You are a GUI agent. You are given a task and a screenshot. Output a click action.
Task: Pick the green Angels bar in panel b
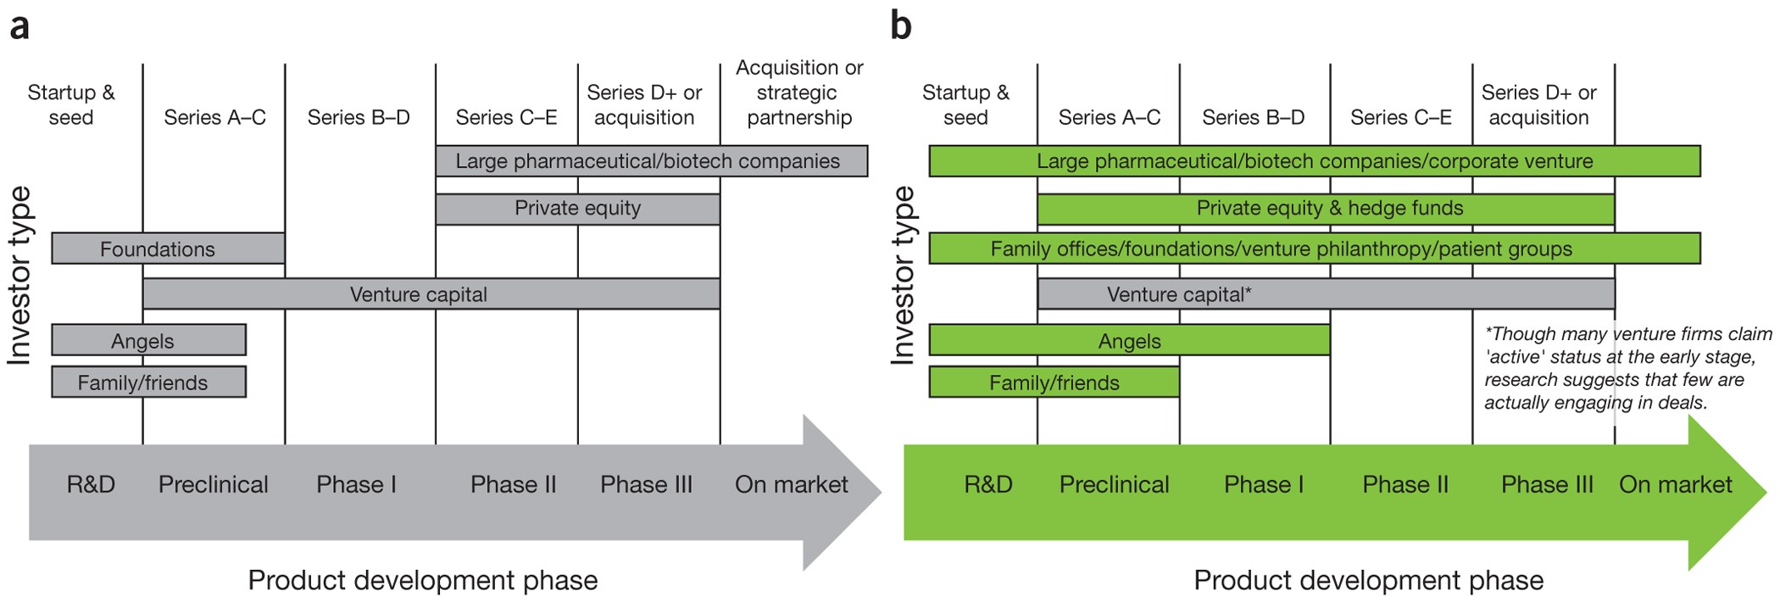point(1129,340)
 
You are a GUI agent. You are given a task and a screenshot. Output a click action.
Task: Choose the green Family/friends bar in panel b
point(1054,382)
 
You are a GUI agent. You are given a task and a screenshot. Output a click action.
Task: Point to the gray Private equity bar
point(577,209)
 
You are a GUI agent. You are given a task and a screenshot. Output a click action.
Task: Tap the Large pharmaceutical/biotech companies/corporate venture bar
point(1314,161)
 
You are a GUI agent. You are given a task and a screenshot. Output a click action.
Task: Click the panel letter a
point(19,27)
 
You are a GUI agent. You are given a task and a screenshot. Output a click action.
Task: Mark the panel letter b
point(900,27)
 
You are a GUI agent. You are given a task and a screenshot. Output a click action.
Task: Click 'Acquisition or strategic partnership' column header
point(798,92)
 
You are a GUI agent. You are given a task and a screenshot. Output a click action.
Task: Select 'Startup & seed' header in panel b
point(965,104)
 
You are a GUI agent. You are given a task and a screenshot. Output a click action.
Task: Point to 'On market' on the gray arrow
point(791,484)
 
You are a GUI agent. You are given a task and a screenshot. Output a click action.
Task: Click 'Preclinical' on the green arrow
point(1114,484)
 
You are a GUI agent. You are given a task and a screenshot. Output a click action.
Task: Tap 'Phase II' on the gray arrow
point(513,484)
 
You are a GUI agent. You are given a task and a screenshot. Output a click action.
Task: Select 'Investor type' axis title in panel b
point(903,276)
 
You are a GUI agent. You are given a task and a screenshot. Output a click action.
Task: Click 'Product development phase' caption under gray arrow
point(422,580)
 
